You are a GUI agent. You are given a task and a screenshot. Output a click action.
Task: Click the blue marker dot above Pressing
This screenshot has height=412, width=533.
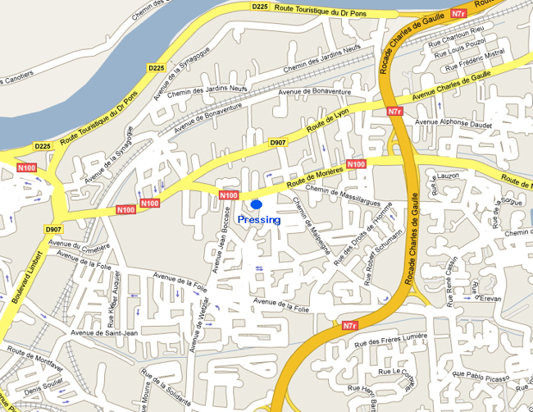click(256, 204)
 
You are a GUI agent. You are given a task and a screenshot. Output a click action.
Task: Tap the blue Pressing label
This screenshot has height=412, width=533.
click(258, 220)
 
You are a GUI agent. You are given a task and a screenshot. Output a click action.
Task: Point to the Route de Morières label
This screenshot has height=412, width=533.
click(316, 176)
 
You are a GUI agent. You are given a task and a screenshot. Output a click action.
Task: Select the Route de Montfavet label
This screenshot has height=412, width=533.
click(34, 349)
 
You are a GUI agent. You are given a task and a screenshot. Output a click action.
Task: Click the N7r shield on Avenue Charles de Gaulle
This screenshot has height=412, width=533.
click(395, 111)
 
